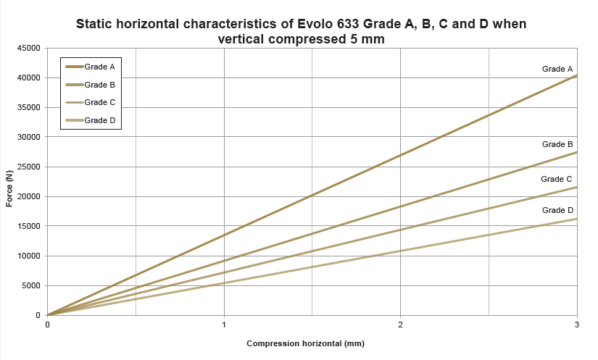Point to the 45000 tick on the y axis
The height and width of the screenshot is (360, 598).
[28, 49]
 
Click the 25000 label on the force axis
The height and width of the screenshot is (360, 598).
[28, 167]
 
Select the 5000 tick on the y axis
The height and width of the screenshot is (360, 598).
[30, 285]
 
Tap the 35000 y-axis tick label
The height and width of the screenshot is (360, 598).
[28, 108]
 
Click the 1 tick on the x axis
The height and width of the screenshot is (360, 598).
[224, 324]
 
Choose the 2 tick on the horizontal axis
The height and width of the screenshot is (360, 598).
[401, 324]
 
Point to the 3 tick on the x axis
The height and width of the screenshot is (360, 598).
[577, 324]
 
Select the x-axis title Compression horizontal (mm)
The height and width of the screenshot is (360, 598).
[305, 343]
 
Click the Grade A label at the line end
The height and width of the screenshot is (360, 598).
[558, 69]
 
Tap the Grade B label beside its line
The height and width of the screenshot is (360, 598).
[558, 144]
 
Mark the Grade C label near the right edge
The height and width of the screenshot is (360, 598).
[557, 179]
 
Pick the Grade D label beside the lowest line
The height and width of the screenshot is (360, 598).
[558, 210]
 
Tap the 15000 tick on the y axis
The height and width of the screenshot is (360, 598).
[28, 226]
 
